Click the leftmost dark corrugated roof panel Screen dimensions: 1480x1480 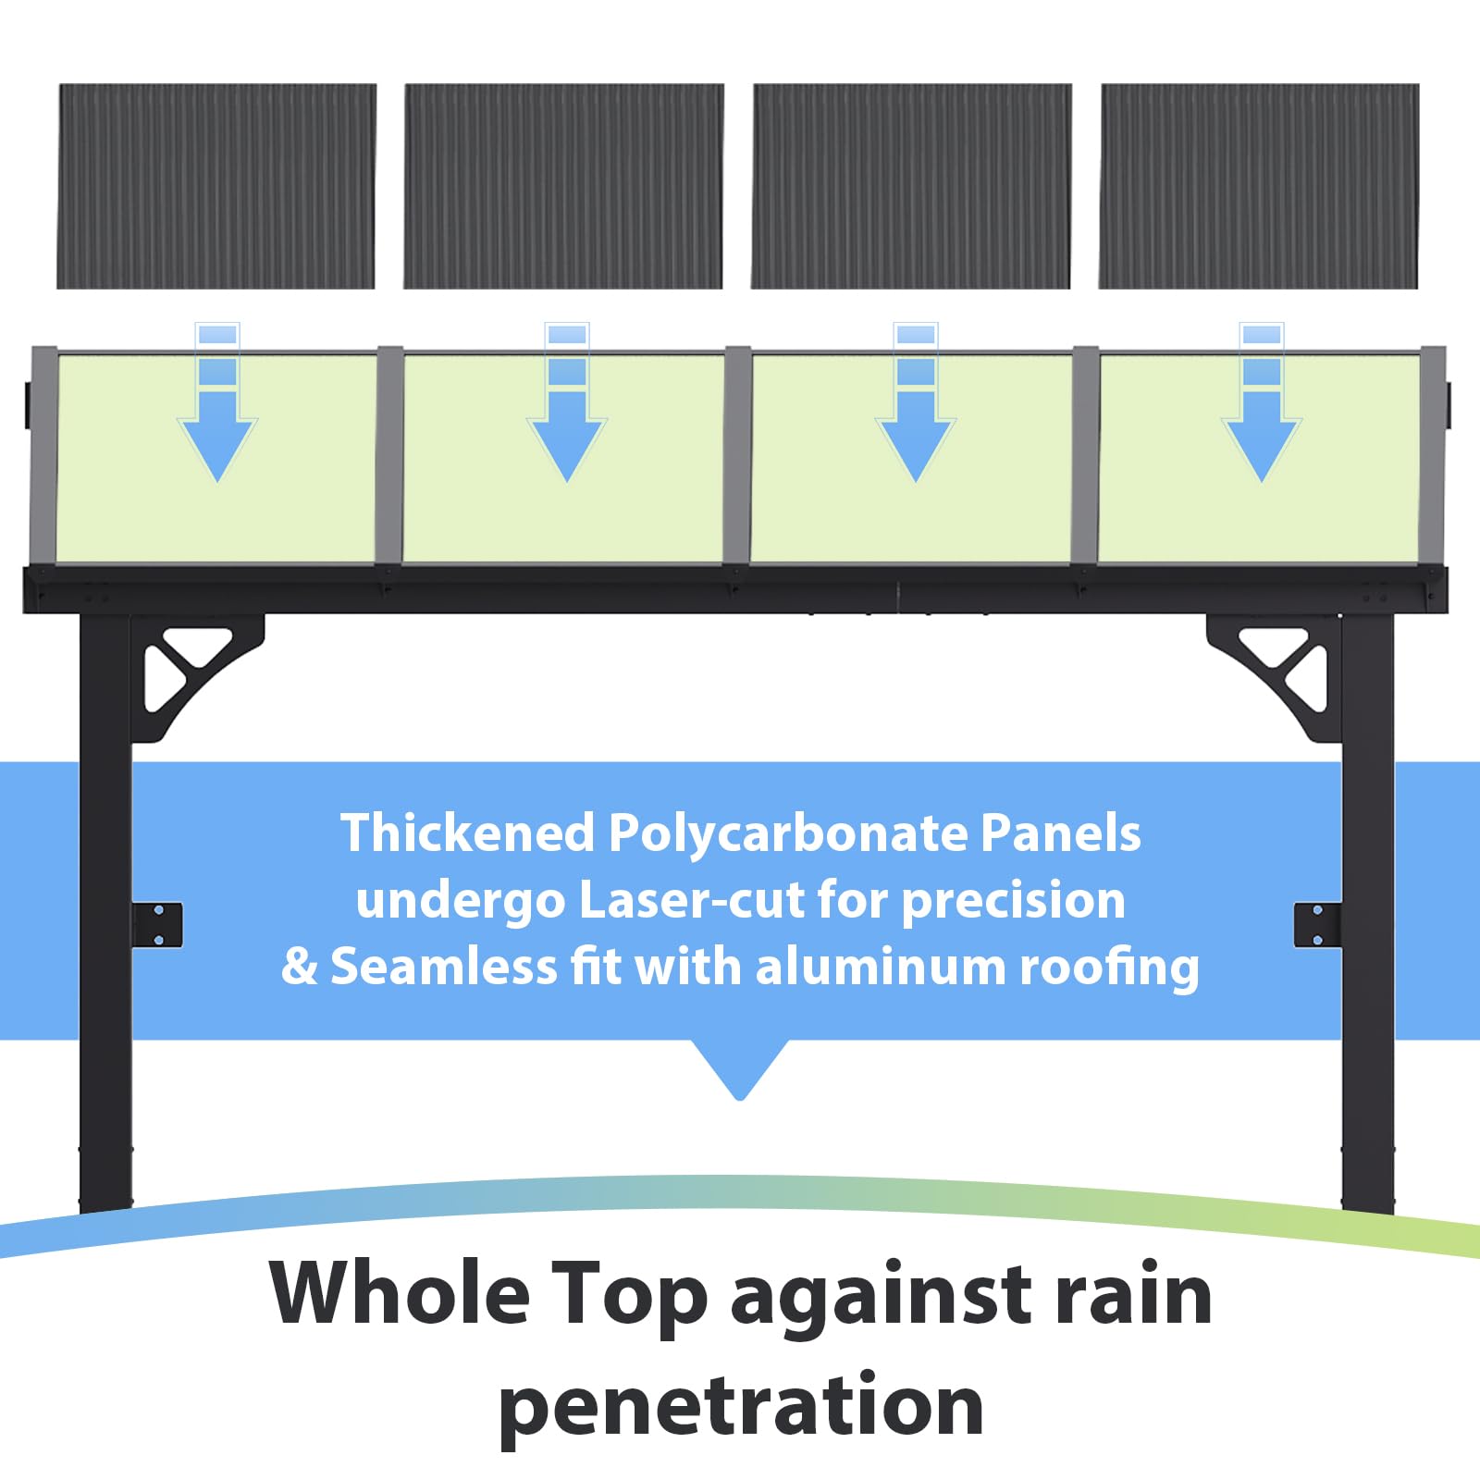(x=216, y=186)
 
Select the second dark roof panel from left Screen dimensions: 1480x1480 (x=563, y=186)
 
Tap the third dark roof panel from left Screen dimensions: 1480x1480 (x=911, y=186)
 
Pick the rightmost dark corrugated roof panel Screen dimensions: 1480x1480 (x=1259, y=186)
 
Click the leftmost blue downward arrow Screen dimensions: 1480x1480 (x=217, y=403)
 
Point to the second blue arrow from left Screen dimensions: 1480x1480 (x=567, y=403)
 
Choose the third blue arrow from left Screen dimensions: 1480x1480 (x=916, y=403)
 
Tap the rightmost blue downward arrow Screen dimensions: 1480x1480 (x=1262, y=403)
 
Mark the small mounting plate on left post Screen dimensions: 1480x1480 (x=157, y=925)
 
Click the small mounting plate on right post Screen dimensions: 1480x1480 (x=1317, y=925)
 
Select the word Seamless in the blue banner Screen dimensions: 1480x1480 (x=444, y=967)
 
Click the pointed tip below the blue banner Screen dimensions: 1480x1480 (x=740, y=1099)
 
